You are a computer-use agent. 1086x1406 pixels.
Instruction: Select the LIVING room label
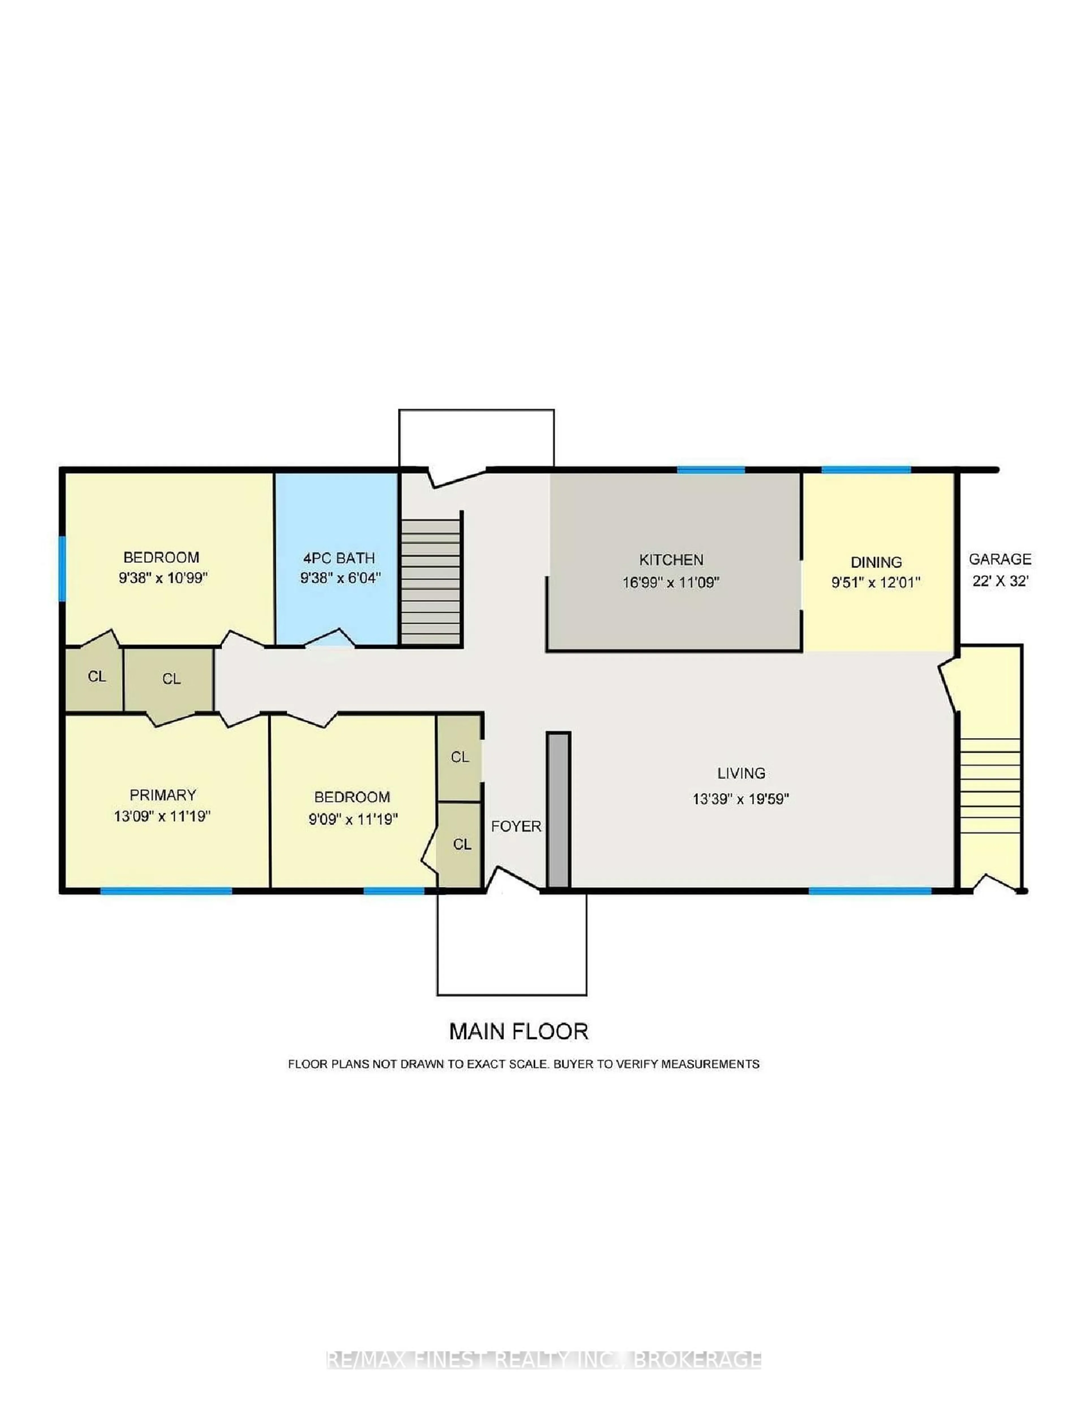click(x=741, y=773)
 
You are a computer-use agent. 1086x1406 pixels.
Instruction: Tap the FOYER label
click(x=516, y=826)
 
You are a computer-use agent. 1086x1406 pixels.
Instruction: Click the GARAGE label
click(x=1000, y=559)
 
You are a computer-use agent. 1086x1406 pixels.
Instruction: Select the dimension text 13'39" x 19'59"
click(x=741, y=799)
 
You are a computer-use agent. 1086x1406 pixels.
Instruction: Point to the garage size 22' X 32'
click(x=1000, y=581)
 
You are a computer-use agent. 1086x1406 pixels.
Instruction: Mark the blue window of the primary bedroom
click(x=166, y=891)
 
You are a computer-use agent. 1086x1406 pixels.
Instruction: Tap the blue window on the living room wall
click(x=870, y=891)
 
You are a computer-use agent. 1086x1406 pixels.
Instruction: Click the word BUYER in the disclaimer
click(x=573, y=1064)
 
